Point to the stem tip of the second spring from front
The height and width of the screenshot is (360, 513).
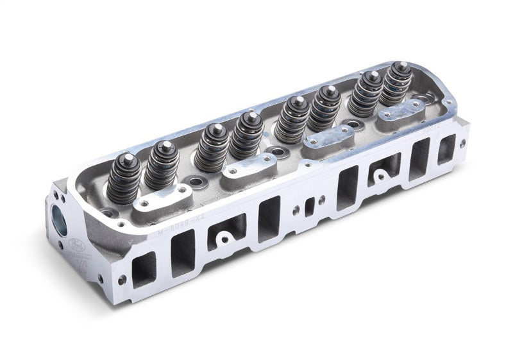pyautogui.click(x=165, y=145)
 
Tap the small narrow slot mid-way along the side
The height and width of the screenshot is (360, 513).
pyautogui.click(x=309, y=206)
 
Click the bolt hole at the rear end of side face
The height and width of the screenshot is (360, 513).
pyautogui.click(x=462, y=144)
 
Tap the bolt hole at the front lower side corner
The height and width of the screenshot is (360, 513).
pyautogui.click(x=121, y=280)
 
